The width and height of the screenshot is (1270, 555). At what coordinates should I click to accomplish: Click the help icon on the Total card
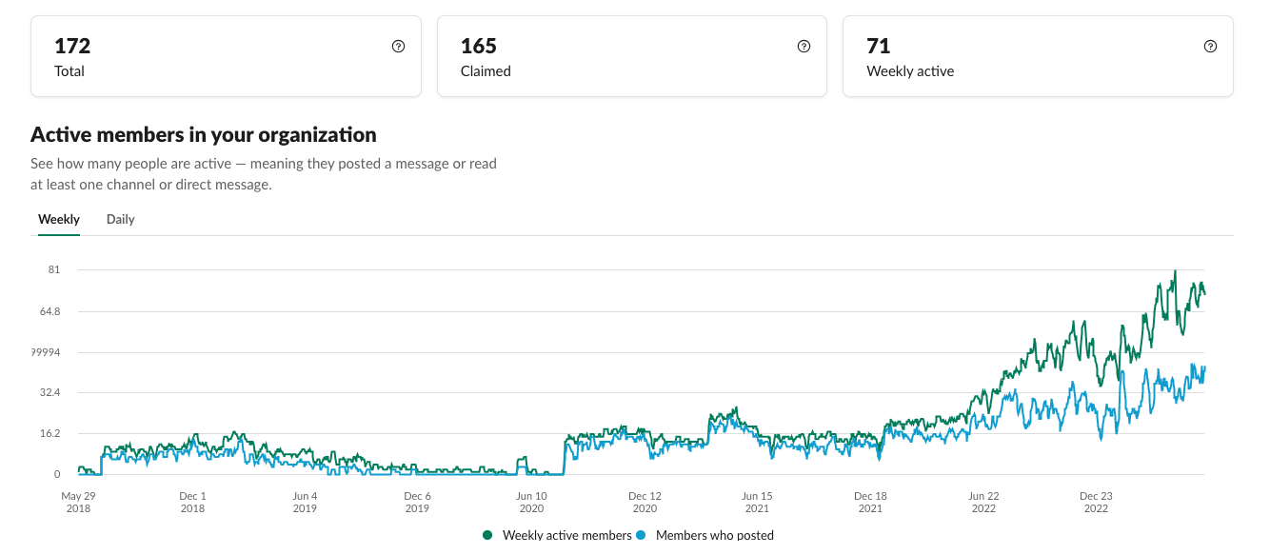coord(398,47)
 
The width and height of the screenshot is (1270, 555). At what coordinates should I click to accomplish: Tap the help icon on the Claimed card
coord(804,47)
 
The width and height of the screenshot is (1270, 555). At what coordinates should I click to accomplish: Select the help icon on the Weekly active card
coord(1210,47)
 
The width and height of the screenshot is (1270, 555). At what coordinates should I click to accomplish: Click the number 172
coord(72,46)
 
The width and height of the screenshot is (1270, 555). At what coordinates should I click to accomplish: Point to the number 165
coord(479,46)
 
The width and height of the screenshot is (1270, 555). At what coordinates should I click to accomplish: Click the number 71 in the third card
coord(878,46)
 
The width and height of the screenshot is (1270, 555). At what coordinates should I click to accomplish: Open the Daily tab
coord(120,219)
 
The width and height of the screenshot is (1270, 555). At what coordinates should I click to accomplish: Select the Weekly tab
coord(59,219)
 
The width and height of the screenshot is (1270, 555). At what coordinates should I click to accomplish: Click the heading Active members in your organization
coord(204,134)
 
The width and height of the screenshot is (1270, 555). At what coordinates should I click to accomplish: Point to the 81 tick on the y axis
coord(53,269)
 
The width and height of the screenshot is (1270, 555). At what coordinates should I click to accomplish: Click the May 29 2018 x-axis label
coord(78,502)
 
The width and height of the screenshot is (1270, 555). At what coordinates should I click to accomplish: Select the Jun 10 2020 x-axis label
coord(531,502)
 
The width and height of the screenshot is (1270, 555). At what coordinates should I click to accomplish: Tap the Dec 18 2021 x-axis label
coord(870,502)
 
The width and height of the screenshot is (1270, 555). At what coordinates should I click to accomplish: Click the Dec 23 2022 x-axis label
coord(1096,502)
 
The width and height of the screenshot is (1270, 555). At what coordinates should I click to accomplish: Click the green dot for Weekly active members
coord(487,536)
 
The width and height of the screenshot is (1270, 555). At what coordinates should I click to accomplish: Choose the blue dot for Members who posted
coord(641,536)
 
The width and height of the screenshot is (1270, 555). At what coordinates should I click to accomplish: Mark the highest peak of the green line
coord(1175,271)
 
